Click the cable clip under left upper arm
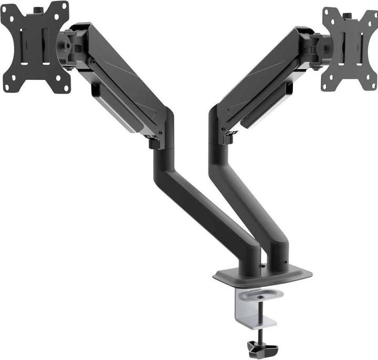(x=96, y=90)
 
